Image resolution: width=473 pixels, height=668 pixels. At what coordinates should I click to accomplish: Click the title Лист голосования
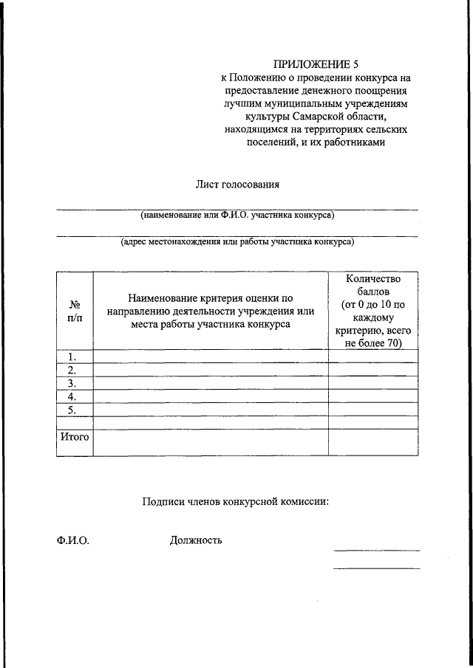click(238, 184)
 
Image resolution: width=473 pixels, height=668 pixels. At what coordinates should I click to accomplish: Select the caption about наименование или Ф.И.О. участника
click(237, 216)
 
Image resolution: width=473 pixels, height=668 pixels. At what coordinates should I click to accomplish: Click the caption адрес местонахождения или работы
click(237, 241)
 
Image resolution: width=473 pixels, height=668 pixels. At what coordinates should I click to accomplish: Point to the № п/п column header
click(75, 311)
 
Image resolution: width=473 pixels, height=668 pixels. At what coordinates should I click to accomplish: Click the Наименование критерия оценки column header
click(211, 311)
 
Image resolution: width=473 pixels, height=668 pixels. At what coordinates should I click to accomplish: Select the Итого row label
click(74, 437)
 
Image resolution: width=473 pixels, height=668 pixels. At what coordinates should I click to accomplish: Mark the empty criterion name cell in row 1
click(211, 357)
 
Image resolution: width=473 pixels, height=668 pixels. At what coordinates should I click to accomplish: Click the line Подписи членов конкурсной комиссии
click(235, 502)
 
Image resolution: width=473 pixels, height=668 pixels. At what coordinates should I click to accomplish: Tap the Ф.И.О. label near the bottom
click(72, 540)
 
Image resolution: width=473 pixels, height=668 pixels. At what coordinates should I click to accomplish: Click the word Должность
click(196, 540)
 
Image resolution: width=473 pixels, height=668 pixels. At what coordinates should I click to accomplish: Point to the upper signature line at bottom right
click(376, 550)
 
